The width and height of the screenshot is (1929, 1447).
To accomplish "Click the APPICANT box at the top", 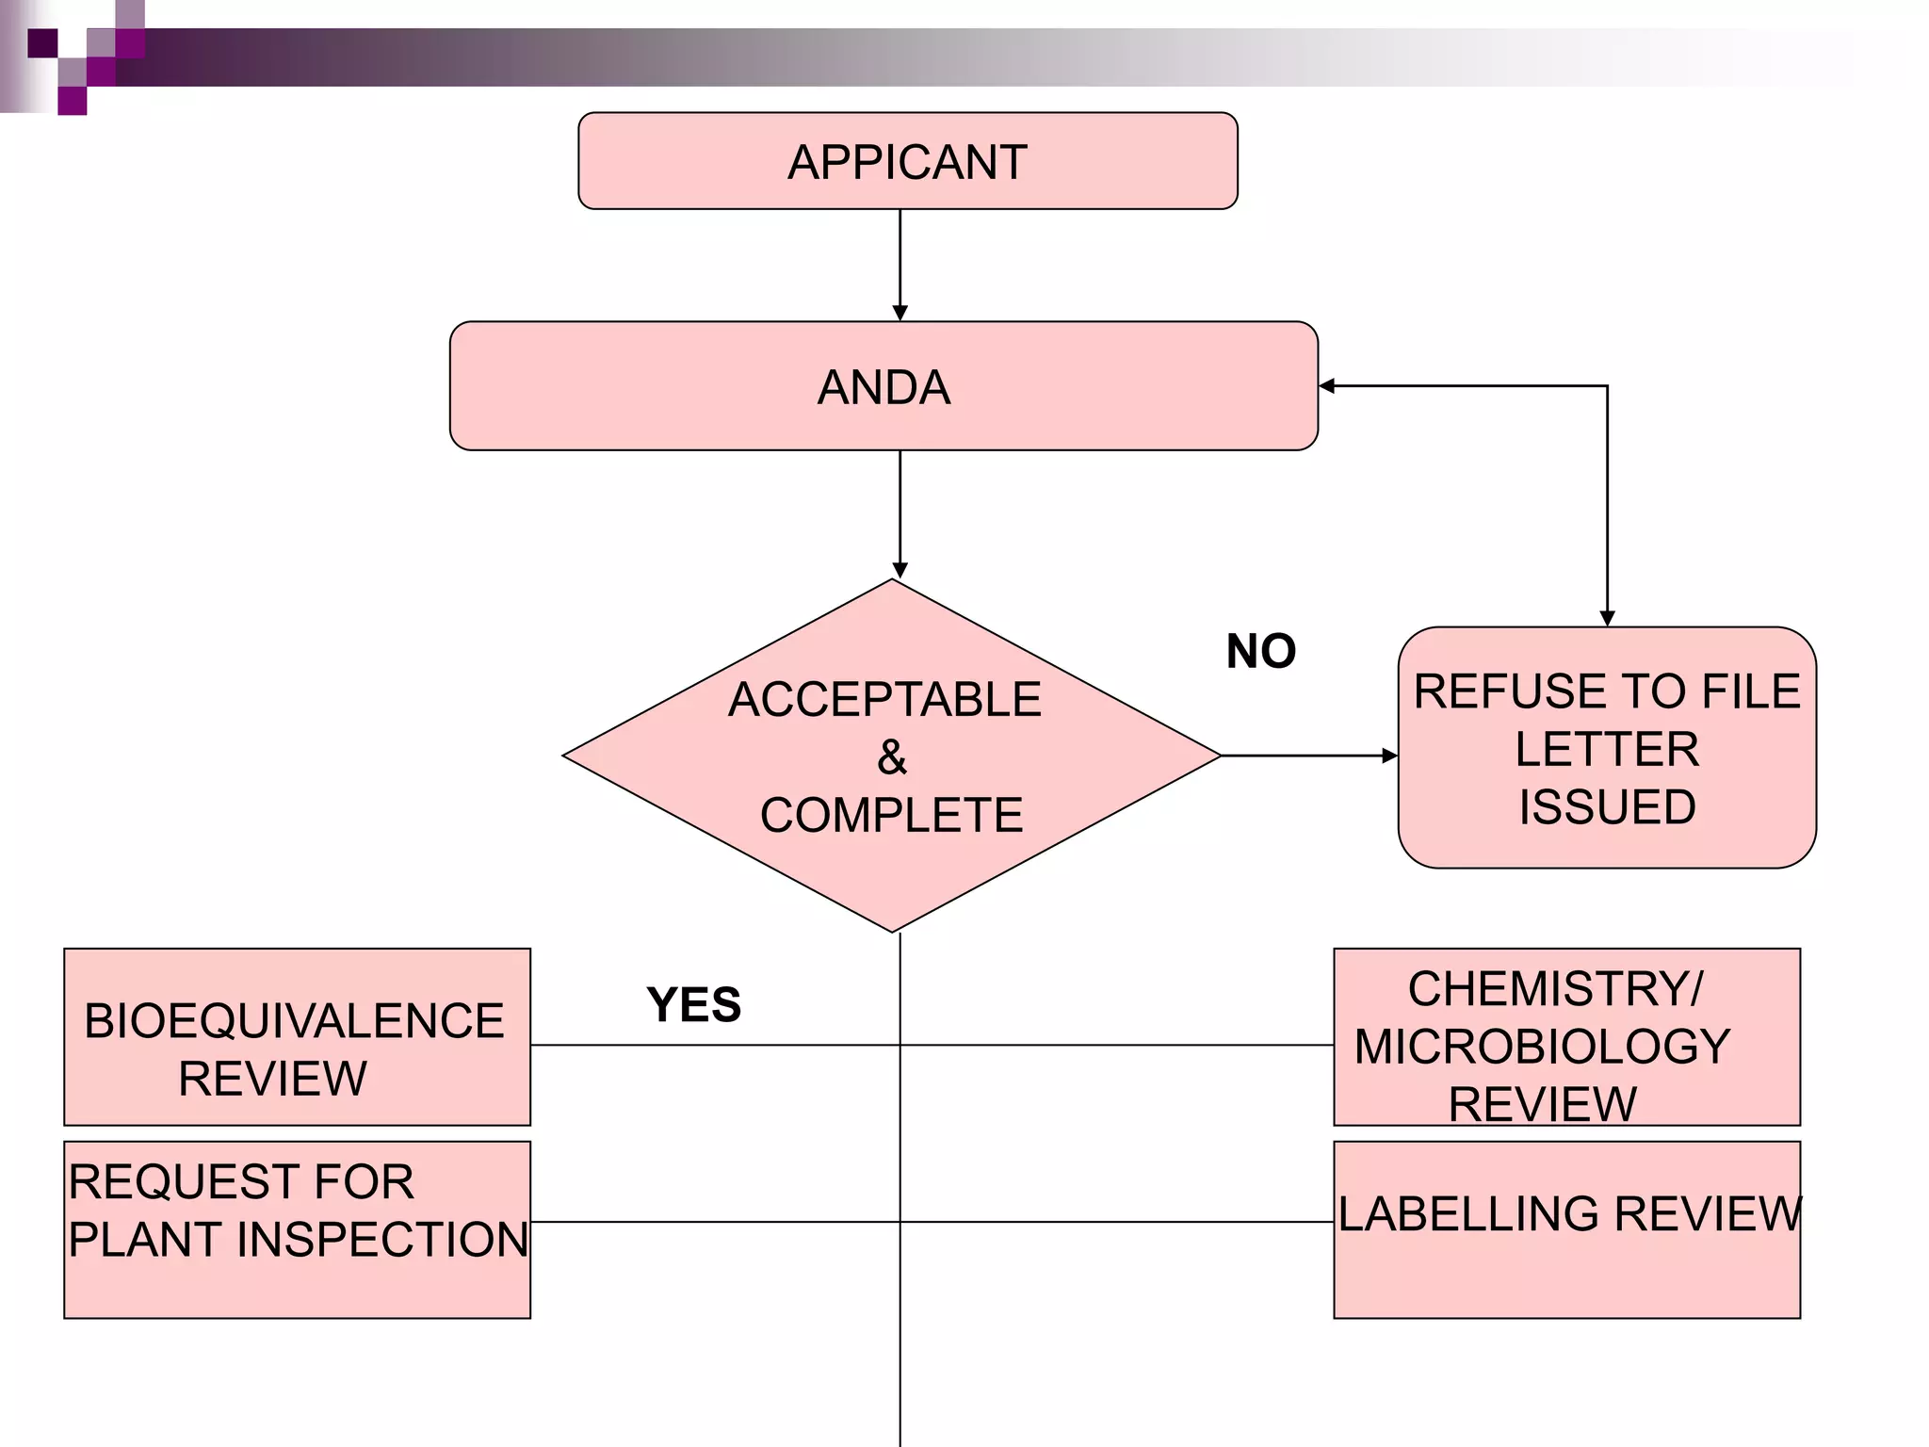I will [907, 162].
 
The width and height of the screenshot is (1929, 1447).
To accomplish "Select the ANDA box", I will [883, 387].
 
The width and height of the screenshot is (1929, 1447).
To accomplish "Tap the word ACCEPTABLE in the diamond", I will [884, 700].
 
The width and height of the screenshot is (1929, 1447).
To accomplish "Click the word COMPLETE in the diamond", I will [891, 815].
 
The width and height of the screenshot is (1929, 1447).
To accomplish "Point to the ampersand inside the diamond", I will [891, 757].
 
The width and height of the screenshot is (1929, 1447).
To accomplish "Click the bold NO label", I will [1260, 651].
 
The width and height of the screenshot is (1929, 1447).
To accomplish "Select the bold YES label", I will [693, 1004].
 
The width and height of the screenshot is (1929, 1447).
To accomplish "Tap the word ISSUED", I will [1607, 807].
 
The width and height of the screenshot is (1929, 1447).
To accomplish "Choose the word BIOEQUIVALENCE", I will [294, 1021].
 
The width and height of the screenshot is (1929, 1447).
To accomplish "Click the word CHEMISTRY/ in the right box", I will [1555, 989].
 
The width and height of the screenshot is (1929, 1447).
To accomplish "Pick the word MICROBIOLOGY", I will [1542, 1047].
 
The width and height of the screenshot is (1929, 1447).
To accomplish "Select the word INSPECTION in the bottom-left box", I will [382, 1239].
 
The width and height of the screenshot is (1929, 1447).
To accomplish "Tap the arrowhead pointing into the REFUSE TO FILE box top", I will [1607, 618].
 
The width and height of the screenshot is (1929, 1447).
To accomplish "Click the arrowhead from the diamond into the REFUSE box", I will [1389, 756].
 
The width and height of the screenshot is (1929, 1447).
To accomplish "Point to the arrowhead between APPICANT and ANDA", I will [900, 313].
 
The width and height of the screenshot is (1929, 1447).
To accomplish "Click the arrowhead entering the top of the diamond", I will [900, 570].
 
